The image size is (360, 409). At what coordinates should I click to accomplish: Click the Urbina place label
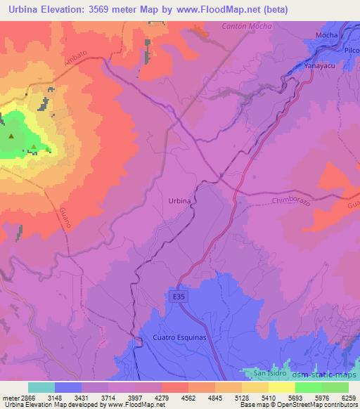pos(180,201)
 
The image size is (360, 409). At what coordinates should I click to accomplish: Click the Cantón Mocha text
pos(246,26)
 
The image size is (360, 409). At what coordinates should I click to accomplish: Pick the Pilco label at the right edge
pos(351,51)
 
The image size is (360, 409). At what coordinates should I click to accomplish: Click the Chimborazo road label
pos(290,200)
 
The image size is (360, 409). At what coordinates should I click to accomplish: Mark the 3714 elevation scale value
pos(108,397)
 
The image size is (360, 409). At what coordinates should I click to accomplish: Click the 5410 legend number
pos(268,397)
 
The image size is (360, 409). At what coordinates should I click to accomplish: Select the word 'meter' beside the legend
pos(9,397)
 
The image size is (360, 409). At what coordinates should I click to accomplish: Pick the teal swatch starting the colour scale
pos(41,387)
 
